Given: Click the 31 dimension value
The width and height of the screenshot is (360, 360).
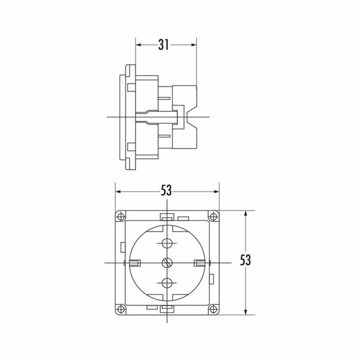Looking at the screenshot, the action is click(163, 45).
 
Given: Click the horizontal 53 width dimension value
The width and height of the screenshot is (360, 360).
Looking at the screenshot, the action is click(166, 190).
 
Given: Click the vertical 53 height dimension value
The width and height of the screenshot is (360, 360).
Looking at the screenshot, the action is click(245, 260).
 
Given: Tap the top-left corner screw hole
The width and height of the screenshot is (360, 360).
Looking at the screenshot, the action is click(121, 216).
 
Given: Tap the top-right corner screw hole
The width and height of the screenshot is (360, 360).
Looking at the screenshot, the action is click(213, 216).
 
